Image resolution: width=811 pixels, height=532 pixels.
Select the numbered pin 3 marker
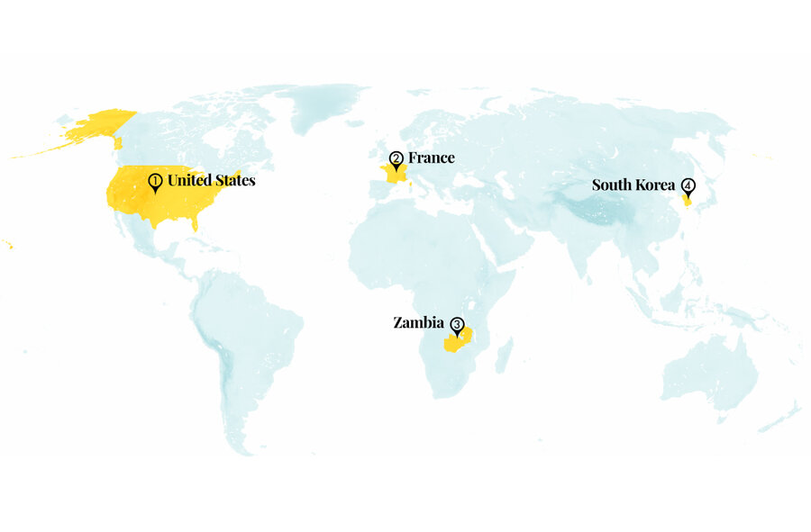(x=457, y=325)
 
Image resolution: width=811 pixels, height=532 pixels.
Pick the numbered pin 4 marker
(x=688, y=186)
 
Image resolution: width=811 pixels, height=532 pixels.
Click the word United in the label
(x=188, y=180)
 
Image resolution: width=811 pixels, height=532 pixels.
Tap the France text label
(x=431, y=158)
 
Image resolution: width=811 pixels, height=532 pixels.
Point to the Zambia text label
(x=418, y=322)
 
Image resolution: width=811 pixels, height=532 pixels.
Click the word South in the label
(x=612, y=185)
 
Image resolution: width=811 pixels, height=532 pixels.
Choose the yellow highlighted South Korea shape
(x=688, y=202)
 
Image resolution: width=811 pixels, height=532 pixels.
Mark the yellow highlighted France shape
(x=394, y=175)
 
